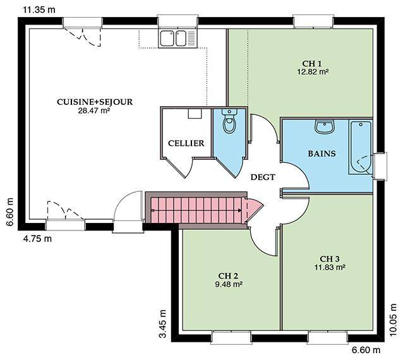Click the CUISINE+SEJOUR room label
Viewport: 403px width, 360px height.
tap(95, 102)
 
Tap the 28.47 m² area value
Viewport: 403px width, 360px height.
tap(94, 111)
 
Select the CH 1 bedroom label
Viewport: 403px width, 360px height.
tap(312, 63)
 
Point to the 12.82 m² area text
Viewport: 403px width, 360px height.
tap(313, 72)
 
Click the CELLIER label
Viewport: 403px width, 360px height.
tap(186, 143)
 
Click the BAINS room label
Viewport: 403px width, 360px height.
tap(322, 153)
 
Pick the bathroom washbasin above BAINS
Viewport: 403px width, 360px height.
tap(325, 127)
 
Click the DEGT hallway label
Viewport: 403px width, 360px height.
tap(263, 177)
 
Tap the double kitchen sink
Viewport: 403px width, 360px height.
tap(177, 39)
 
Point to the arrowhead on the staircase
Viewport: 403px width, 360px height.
tap(240, 210)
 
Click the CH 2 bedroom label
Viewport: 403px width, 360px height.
tap(228, 276)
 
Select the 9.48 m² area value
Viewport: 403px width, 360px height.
tap(229, 284)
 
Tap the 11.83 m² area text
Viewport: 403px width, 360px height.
tap(330, 267)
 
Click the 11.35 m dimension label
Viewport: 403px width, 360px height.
tap(39, 9)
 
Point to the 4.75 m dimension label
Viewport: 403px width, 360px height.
tap(37, 239)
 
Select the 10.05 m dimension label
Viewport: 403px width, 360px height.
tap(393, 320)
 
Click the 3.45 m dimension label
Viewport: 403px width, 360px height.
tap(163, 323)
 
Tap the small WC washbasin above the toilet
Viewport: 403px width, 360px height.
tap(229, 112)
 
